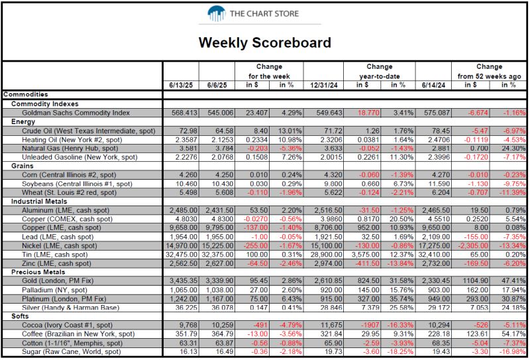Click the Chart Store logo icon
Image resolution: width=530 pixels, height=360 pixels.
pyautogui.click(x=217, y=13)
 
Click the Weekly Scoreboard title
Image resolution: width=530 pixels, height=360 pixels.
pyautogui.click(x=265, y=43)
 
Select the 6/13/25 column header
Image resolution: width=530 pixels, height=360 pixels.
pyautogui.click(x=181, y=85)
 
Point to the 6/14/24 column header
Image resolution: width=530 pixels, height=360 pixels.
pyautogui.click(x=433, y=85)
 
